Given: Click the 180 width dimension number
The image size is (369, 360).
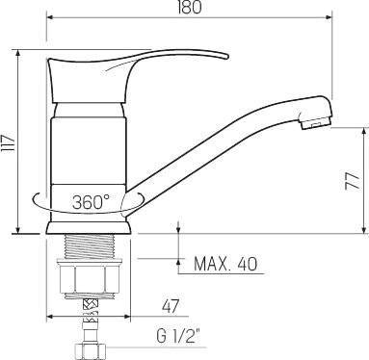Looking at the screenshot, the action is click(x=190, y=7).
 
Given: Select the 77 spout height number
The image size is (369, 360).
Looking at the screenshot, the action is click(x=353, y=182).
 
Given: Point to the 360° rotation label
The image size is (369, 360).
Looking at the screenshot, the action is click(x=91, y=202).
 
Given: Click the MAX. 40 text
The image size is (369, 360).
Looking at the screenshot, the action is click(x=225, y=264).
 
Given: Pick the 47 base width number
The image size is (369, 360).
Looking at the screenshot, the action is click(x=171, y=307).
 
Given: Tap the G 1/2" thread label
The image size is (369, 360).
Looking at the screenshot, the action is click(x=177, y=337).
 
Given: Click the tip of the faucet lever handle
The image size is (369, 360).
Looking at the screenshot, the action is click(x=227, y=57).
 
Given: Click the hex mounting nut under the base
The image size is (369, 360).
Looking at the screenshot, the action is click(x=89, y=277).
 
